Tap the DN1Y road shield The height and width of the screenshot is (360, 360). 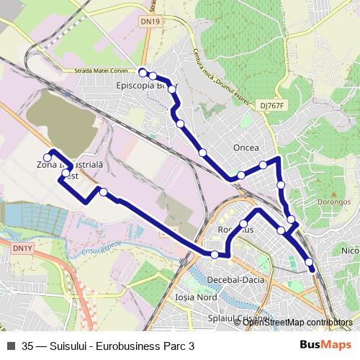tap(22, 248)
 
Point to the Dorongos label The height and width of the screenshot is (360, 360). tap(333, 202)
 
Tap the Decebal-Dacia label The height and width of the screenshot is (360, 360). tap(235, 279)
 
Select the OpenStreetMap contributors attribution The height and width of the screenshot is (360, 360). tap(297, 322)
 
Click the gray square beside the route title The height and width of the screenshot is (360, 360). tap(11, 345)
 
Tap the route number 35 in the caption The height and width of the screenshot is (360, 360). tap(28, 346)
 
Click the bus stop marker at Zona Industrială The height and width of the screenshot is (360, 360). tap(48, 157)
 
